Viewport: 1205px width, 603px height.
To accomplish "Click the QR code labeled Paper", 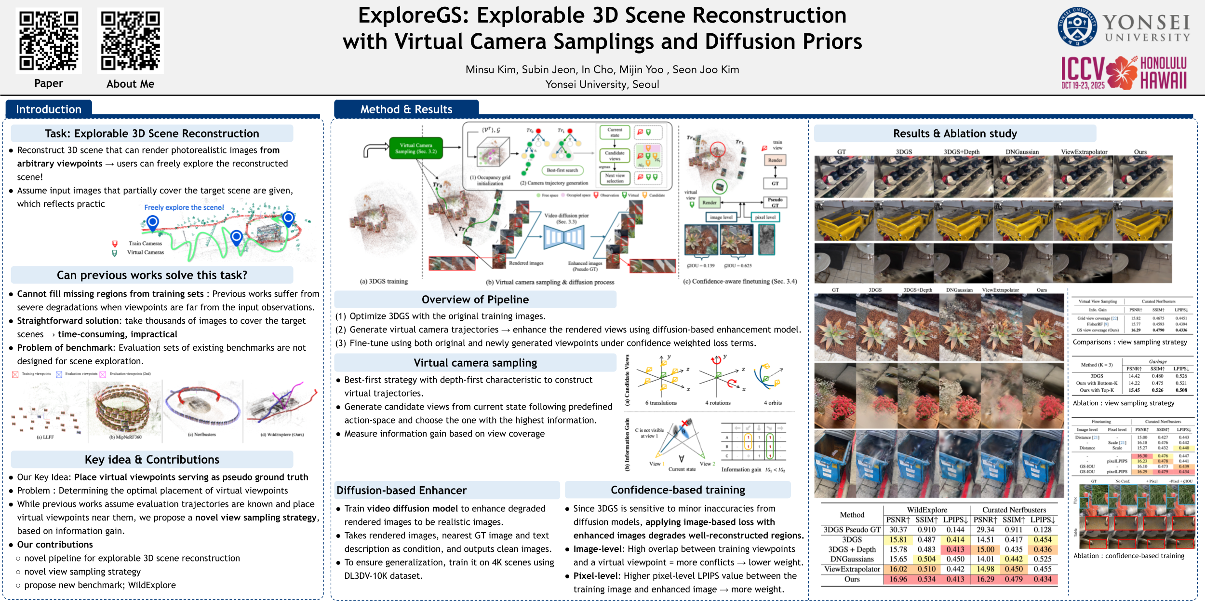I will coord(49,41).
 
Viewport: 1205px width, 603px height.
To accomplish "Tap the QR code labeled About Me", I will coord(130,41).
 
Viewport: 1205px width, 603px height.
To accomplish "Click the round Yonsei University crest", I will coord(1077,27).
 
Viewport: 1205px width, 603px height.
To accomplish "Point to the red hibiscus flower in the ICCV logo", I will coord(1123,72).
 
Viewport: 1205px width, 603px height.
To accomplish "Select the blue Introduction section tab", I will coord(49,110).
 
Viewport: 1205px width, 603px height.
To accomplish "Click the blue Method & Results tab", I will coord(406,110).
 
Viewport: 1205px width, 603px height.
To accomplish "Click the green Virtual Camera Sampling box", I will coord(416,148).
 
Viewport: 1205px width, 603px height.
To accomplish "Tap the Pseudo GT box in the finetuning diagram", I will coord(775,202).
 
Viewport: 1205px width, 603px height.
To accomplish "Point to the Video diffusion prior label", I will coord(566,218).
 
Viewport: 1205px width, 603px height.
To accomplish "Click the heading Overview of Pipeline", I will coord(475,300).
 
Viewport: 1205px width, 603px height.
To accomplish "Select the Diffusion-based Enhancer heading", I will coord(402,491).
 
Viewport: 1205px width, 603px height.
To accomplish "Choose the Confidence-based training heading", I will coord(678,490).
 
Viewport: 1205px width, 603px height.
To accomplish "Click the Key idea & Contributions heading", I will coord(152,460).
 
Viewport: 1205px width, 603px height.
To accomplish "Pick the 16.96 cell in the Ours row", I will coord(898,579).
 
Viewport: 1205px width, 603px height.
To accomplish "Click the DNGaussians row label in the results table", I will coord(852,559).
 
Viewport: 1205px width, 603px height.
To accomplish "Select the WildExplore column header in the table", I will coord(927,510).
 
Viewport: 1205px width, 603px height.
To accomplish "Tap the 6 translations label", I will coord(661,403).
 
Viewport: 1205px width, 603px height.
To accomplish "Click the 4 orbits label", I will coord(773,403).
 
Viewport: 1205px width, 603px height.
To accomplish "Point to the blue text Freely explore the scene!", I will coord(184,207).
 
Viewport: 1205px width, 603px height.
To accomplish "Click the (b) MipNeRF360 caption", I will coord(125,437).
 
